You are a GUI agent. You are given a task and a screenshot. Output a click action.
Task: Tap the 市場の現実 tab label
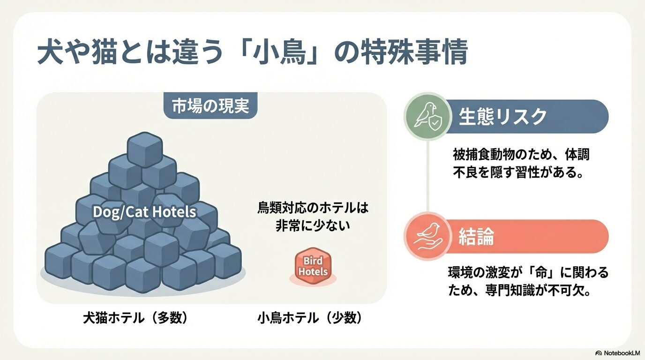click(210, 106)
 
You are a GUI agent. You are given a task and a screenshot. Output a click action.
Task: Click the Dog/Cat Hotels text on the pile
click(144, 212)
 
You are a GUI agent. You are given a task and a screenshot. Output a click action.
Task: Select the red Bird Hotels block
click(313, 266)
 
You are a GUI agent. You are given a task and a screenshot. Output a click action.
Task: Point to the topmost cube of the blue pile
click(145, 150)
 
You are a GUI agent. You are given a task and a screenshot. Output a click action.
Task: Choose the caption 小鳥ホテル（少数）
click(309, 318)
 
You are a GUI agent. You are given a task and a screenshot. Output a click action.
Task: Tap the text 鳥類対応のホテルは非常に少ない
click(313, 217)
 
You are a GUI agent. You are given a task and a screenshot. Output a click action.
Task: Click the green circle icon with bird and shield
click(427, 116)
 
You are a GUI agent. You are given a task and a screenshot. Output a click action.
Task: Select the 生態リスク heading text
click(502, 117)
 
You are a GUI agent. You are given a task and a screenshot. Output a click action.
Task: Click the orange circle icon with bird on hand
click(427, 236)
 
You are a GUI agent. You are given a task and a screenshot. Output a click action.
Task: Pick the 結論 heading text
click(476, 237)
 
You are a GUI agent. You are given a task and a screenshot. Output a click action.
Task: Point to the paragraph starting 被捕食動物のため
click(521, 164)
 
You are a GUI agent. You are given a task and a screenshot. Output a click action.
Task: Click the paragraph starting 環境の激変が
click(528, 282)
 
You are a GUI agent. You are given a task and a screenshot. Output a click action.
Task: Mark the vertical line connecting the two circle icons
click(427, 176)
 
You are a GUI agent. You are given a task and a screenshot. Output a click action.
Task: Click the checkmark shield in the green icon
click(435, 123)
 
